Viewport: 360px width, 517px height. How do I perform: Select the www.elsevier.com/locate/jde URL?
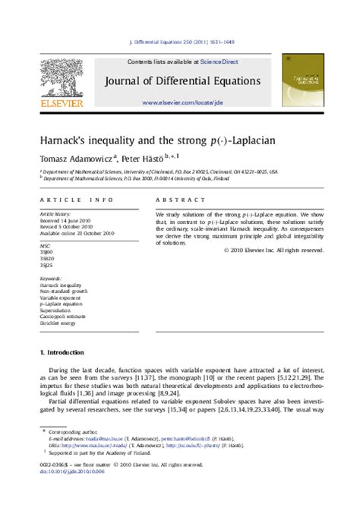coord(182,102)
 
